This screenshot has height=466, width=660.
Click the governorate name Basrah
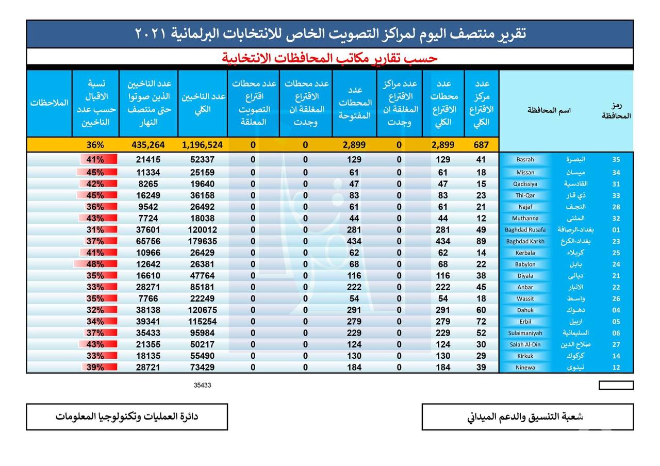click(x=525, y=160)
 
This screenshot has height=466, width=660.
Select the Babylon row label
click(x=525, y=264)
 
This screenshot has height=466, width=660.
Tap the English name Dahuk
click(x=525, y=310)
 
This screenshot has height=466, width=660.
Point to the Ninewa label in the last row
click(x=525, y=368)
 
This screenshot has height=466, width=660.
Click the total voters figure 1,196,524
click(x=202, y=145)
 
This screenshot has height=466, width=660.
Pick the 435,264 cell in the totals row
click(x=145, y=145)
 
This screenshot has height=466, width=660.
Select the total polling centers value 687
click(x=481, y=145)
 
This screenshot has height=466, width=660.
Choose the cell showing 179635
click(x=202, y=241)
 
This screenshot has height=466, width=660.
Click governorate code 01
click(x=616, y=230)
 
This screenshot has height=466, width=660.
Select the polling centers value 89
click(x=481, y=241)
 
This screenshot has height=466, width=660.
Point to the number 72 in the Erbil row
click(x=481, y=322)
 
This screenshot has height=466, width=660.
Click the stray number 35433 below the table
click(x=203, y=385)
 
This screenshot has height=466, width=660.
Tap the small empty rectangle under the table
click(x=616, y=385)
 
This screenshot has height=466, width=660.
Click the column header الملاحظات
click(x=49, y=103)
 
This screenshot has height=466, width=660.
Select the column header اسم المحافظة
click(x=549, y=110)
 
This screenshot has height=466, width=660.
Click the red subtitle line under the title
click(x=330, y=58)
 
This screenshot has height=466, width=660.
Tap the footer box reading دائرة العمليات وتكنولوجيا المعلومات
click(x=127, y=417)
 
